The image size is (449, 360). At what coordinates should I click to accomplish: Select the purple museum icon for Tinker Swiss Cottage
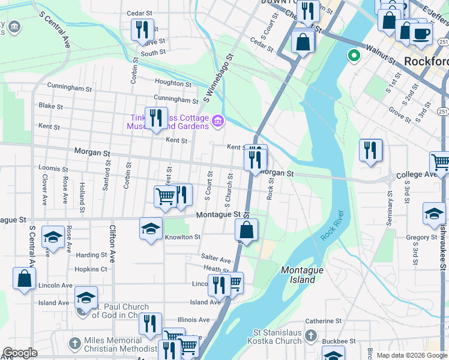(x=218, y=122)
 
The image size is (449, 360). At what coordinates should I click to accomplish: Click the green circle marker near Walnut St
(x=354, y=57)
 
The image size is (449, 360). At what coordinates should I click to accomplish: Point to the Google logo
(x=20, y=353)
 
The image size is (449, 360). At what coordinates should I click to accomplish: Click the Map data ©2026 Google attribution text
(x=412, y=355)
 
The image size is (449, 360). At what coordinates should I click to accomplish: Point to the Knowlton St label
(x=182, y=237)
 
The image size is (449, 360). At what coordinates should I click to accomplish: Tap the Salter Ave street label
(x=217, y=260)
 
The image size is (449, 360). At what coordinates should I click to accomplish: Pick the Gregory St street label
(x=421, y=238)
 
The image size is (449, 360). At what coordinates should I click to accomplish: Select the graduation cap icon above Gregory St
(x=433, y=214)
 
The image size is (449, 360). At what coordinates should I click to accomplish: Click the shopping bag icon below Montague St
(x=246, y=229)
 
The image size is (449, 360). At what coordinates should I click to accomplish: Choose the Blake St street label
(x=50, y=106)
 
